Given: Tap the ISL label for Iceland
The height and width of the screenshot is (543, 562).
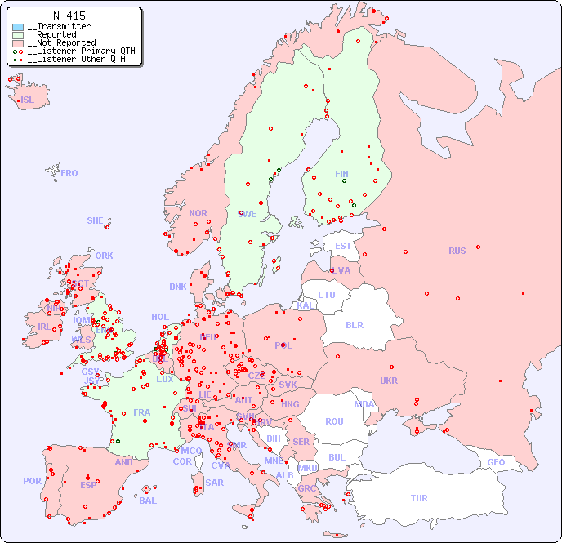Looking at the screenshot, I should (x=27, y=100).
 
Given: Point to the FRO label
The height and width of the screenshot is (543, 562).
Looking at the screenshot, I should (x=69, y=173).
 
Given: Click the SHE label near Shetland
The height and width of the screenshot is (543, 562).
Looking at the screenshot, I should (x=95, y=220).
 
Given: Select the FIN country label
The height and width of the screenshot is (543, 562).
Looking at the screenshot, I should (x=341, y=174).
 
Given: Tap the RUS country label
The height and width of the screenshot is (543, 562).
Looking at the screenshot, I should (x=457, y=251).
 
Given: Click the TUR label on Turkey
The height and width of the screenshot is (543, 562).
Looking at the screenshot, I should (x=419, y=498).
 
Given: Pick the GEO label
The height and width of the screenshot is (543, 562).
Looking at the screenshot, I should (x=496, y=462).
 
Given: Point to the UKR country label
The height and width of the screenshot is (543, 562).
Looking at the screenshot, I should (x=389, y=381).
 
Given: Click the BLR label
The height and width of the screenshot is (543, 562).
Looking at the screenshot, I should (x=354, y=324).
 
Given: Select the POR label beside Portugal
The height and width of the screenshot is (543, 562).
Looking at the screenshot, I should (x=32, y=481).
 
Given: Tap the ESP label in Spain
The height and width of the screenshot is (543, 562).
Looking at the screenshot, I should (x=88, y=484).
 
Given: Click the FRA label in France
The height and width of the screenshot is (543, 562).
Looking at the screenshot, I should (x=142, y=412).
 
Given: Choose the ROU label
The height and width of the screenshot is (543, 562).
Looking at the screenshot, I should (x=334, y=421).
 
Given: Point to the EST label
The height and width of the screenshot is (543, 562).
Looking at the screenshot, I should (x=343, y=246).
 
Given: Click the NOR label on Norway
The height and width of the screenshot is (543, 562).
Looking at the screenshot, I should (x=198, y=213).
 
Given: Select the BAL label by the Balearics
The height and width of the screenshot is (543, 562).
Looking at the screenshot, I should (x=147, y=501).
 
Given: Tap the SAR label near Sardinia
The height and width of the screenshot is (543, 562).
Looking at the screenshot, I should (x=214, y=482).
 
